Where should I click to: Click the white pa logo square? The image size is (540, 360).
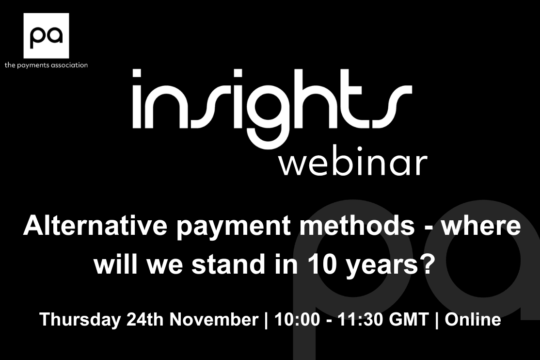tap(46, 36)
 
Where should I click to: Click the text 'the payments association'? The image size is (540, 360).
tap(46, 65)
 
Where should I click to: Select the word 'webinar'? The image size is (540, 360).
tap(353, 164)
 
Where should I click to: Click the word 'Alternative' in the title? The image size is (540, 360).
tap(95, 226)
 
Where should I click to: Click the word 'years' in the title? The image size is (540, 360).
tap(381, 267)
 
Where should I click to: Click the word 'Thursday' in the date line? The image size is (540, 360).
tap(80, 319)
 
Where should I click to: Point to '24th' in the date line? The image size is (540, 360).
tap(145, 319)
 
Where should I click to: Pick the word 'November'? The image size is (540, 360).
tap(214, 319)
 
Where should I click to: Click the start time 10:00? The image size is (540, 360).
tap(297, 319)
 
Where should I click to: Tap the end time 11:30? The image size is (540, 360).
tap(360, 319)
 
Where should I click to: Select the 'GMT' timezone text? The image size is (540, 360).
tap(409, 319)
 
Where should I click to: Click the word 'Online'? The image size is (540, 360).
tap(473, 319)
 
